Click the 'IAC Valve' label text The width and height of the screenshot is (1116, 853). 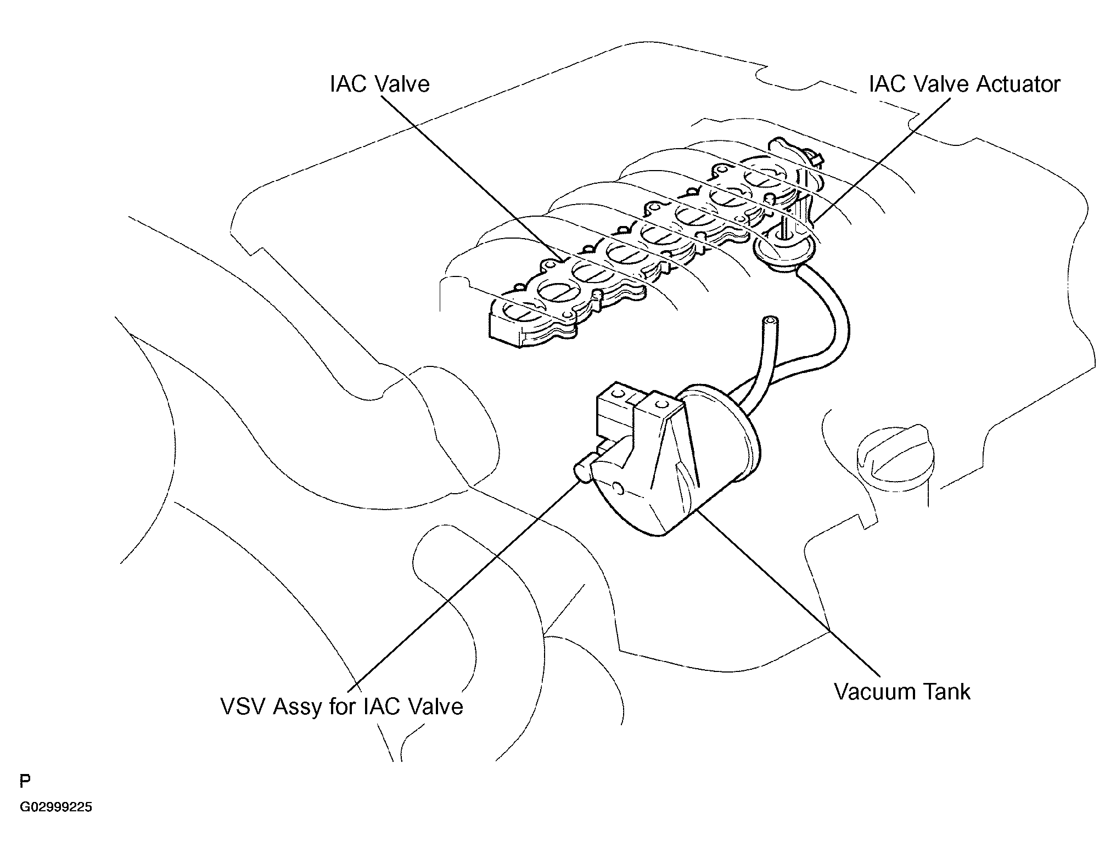click(x=380, y=84)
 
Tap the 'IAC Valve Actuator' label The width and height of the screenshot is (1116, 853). click(x=964, y=84)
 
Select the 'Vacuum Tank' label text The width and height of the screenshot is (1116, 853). click(x=902, y=692)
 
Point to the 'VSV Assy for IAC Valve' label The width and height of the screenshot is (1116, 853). click(x=341, y=707)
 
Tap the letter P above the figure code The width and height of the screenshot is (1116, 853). click(x=25, y=781)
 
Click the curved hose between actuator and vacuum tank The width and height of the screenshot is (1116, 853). click(x=832, y=313)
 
